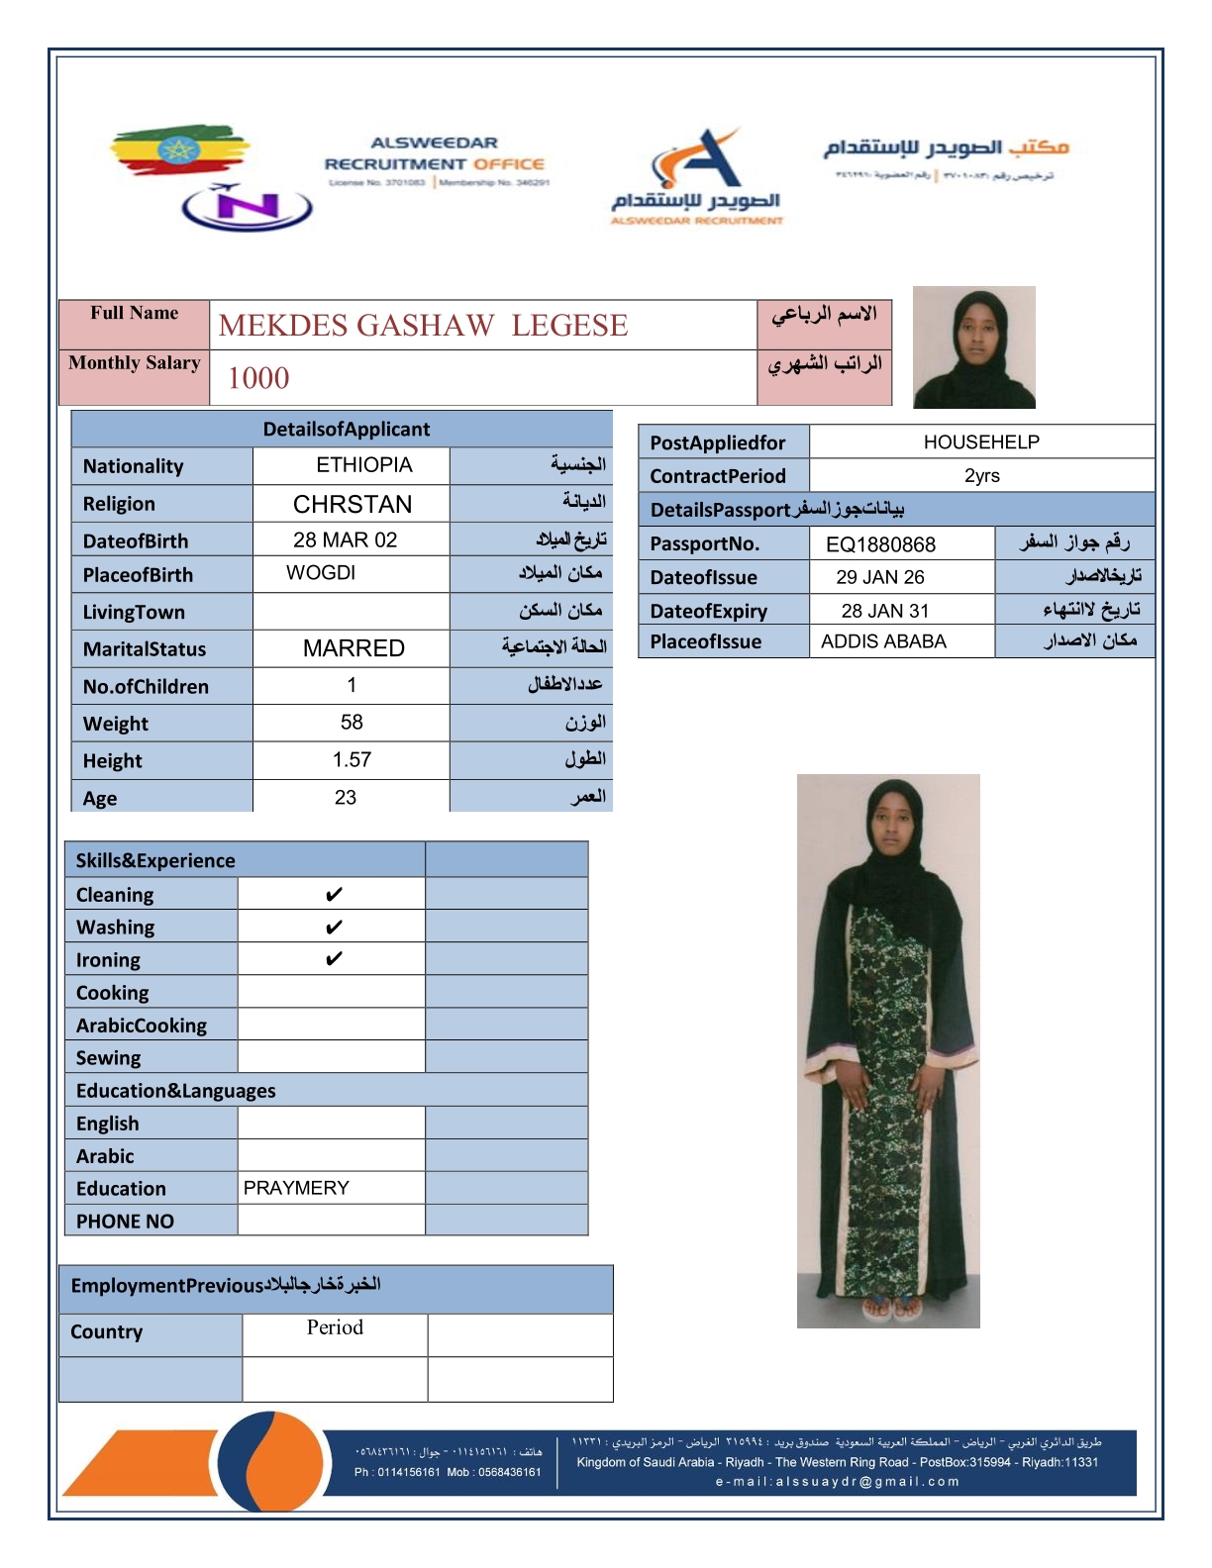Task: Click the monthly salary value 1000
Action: click(258, 378)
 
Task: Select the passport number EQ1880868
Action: click(880, 544)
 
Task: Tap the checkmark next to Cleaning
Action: click(334, 895)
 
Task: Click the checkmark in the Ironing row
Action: click(334, 959)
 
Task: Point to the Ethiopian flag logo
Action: click(178, 151)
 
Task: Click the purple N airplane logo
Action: click(247, 206)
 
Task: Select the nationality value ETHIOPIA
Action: click(363, 465)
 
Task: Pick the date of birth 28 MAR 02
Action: click(345, 540)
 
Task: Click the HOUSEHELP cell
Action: click(981, 442)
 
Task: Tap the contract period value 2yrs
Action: click(981, 476)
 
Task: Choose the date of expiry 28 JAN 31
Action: click(884, 611)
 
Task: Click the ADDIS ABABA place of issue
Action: click(883, 641)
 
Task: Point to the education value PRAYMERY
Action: click(296, 1188)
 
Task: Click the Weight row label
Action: click(116, 724)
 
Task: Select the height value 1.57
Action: click(352, 760)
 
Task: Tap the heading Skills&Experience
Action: click(155, 860)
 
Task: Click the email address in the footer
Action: click(837, 1482)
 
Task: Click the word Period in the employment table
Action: click(335, 1327)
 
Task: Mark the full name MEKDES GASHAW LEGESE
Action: click(423, 326)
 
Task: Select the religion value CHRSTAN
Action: click(353, 504)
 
